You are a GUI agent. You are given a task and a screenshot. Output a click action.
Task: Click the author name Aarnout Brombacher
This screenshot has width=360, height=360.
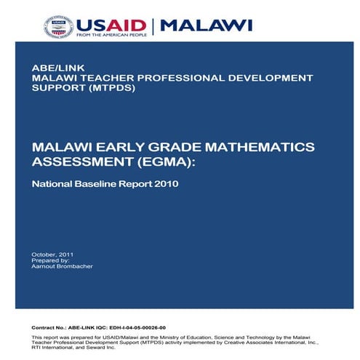point(62,265)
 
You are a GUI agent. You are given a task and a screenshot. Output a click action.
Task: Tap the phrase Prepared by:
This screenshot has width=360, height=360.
point(50,260)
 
